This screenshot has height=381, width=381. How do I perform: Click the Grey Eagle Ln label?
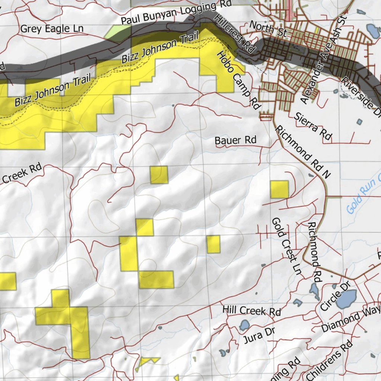[52, 29]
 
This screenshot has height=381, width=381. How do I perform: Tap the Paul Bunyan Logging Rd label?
[176, 13]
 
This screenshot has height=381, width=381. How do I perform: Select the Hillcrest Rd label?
[235, 34]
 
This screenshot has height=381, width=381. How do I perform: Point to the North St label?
[268, 29]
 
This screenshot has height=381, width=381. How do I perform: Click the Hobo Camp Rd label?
[238, 80]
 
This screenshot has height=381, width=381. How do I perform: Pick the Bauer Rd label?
[236, 140]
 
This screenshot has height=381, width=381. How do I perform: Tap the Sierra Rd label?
[313, 127]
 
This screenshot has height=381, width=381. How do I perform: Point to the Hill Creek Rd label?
[252, 311]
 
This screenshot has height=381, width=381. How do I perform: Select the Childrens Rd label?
[329, 361]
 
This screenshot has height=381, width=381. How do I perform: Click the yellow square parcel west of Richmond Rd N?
[279, 189]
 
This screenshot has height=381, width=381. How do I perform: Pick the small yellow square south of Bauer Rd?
[159, 175]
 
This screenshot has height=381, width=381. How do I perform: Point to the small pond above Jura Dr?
[244, 325]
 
